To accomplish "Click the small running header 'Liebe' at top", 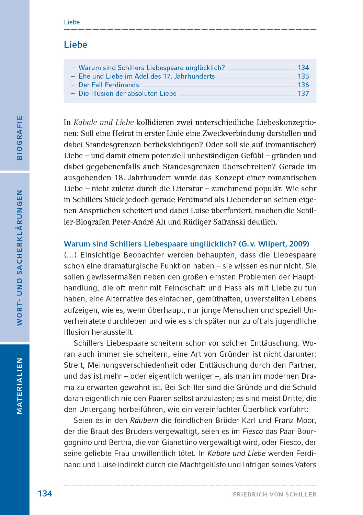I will click(72, 22).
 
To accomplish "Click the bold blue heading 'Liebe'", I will click(76, 45).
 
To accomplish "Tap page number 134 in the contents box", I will click(303, 68).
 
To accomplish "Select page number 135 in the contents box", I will click(303, 76).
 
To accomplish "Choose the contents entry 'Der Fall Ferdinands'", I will click(109, 85).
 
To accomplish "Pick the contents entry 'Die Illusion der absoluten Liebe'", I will click(127, 93).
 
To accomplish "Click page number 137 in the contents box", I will click(303, 93).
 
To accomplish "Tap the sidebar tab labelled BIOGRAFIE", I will click(19, 138).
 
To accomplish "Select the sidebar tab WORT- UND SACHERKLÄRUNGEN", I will click(19, 257).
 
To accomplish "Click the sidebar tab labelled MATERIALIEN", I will click(19, 386).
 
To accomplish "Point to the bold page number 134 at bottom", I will click(45, 494).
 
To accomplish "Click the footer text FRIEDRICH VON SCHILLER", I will click(274, 494).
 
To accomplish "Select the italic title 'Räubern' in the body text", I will click(144, 421).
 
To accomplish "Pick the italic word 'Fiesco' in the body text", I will click(252, 432).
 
